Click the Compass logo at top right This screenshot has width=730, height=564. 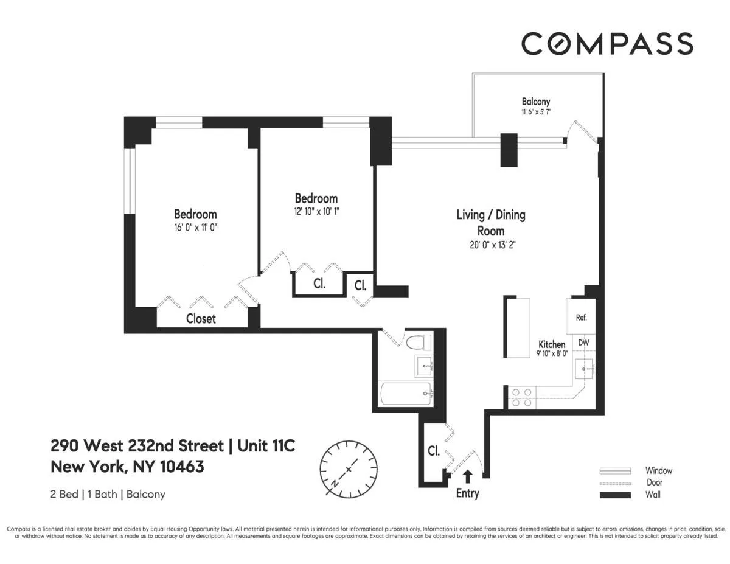coord(607,44)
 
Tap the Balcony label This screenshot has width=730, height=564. coord(535,102)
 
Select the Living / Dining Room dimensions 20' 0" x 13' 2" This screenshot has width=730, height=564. coord(490,246)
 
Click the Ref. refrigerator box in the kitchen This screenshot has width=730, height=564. coord(582,317)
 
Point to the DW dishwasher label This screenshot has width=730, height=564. coord(583,343)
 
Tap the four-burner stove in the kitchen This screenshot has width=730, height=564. coord(521,397)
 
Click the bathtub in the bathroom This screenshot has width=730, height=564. coord(405,394)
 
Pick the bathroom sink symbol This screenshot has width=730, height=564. coord(423,365)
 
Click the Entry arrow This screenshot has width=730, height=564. coord(467,476)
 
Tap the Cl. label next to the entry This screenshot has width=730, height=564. coord(433,451)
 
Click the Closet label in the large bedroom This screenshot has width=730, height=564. coord(201,318)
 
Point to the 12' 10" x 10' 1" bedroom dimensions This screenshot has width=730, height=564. coord(316,212)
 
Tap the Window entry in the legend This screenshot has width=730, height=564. coord(659,470)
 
